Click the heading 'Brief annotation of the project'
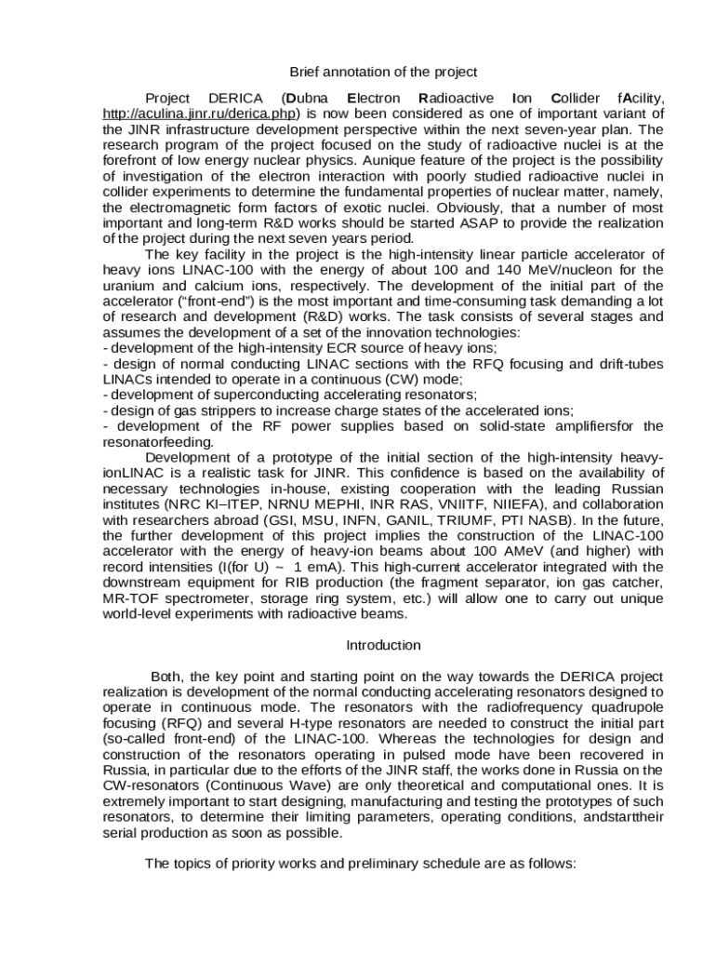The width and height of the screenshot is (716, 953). point(383,72)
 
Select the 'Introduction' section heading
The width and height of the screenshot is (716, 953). point(383,645)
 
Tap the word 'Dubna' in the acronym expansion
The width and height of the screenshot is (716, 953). point(307,99)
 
